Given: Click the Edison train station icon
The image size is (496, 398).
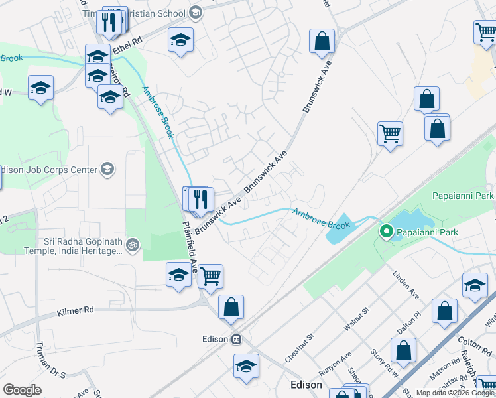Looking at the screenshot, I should point(236,338).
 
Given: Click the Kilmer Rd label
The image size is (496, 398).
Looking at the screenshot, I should point(76,310).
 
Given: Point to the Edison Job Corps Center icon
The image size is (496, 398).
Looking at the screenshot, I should point(107,170).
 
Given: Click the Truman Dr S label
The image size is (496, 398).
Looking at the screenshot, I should point(50,365).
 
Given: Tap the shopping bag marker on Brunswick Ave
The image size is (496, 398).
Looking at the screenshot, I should point(322,41).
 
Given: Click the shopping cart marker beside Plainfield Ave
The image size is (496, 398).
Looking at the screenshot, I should point(211,275).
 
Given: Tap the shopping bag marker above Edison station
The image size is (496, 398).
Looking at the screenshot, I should point(231,306).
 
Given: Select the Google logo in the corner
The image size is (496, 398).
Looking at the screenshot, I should point(22,390).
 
